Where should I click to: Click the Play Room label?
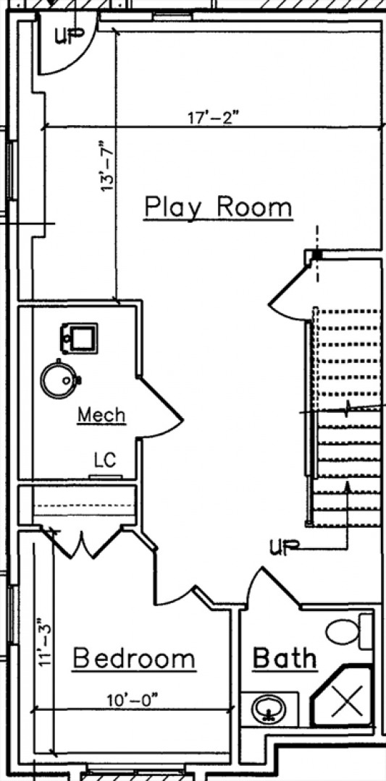pos(218,208)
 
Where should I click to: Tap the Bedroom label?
pos(135,659)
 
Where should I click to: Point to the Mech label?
pos(101,415)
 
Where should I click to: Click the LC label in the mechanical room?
pos(105,460)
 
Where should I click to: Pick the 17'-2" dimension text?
pos(214,118)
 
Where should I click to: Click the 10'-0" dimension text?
pos(132,700)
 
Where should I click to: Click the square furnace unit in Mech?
pos(79,338)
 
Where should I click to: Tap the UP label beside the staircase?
pos(285,548)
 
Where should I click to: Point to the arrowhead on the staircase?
pos(348,487)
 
